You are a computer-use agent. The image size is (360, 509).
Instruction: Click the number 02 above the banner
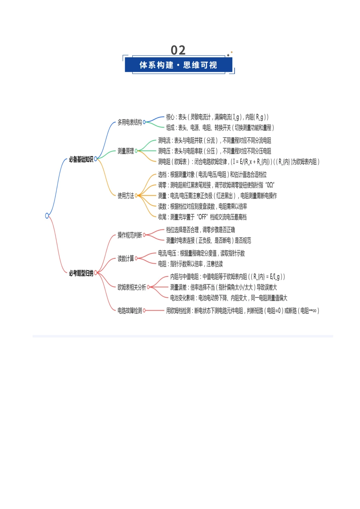click(x=178, y=50)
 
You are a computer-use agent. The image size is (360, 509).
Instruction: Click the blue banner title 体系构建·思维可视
click(x=178, y=65)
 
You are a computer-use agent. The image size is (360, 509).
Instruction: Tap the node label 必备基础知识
click(x=81, y=159)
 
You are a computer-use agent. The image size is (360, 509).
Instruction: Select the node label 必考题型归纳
click(x=81, y=273)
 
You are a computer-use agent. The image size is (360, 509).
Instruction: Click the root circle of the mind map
click(x=47, y=215)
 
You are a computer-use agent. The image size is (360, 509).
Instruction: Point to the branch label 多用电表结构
click(x=130, y=122)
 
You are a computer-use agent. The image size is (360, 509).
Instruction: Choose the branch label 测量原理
click(x=125, y=151)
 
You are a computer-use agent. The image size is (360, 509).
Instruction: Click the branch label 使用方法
click(x=125, y=196)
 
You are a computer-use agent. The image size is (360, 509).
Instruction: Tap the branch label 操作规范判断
click(x=130, y=235)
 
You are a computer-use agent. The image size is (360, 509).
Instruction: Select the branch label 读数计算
click(x=125, y=258)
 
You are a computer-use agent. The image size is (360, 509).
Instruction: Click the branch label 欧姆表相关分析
click(x=131, y=287)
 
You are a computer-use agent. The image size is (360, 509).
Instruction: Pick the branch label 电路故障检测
click(x=130, y=311)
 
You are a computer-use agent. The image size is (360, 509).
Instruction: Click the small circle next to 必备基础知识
click(x=95, y=159)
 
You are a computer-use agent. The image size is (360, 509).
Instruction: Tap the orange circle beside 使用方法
click(x=136, y=195)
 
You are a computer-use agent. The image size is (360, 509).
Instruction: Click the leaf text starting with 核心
click(x=217, y=117)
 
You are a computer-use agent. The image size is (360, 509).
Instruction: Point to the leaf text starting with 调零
click(x=216, y=185)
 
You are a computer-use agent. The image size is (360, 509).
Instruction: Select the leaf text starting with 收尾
click(x=202, y=217)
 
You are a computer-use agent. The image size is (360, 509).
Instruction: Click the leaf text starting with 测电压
click(x=214, y=151)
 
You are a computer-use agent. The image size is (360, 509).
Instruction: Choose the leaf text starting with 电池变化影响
click(x=229, y=298)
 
